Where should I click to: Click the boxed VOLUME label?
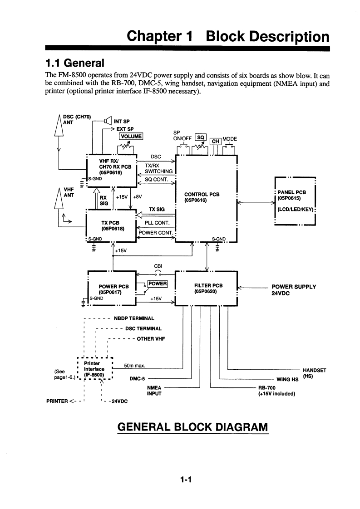(131, 136)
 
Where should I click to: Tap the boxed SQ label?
(200, 137)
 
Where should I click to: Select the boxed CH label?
(215, 142)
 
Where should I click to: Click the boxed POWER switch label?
(158, 284)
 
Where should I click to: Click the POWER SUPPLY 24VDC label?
(293, 290)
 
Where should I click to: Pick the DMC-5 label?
(137, 379)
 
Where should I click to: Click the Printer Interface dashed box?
(95, 369)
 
